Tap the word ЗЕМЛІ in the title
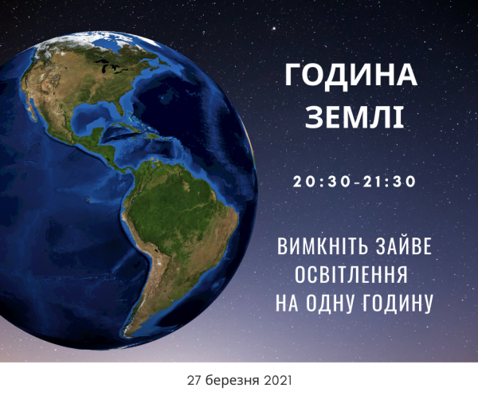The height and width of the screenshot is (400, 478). click(355, 117)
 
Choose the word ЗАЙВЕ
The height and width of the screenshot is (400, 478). click(404, 247)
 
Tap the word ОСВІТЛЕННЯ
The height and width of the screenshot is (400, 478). click(351, 274)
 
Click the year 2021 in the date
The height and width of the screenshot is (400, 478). click(278, 381)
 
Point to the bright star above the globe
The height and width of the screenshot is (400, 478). click(274, 29)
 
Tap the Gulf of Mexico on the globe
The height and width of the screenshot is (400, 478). click(92, 113)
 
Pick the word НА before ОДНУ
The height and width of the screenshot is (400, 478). click(287, 303)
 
